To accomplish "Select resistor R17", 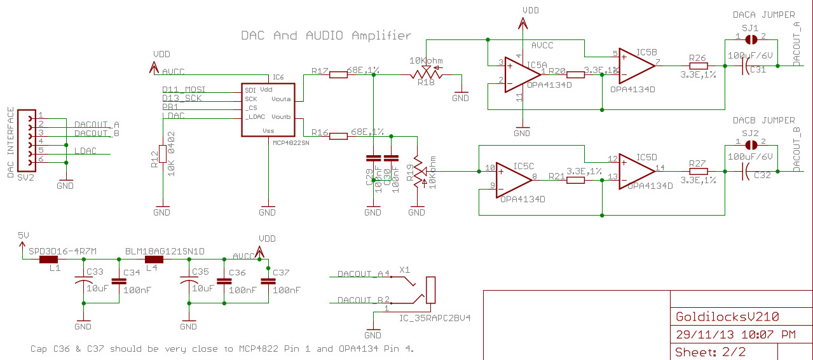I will click(338, 74).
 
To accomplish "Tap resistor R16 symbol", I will click(338, 135).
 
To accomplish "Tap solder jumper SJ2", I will click(751, 144).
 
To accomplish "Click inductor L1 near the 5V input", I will click(49, 260).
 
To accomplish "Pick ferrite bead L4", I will click(154, 260).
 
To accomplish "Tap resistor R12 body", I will click(163, 154).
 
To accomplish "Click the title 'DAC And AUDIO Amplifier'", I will click(325, 36).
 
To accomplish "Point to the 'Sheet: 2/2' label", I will click(710, 351).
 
